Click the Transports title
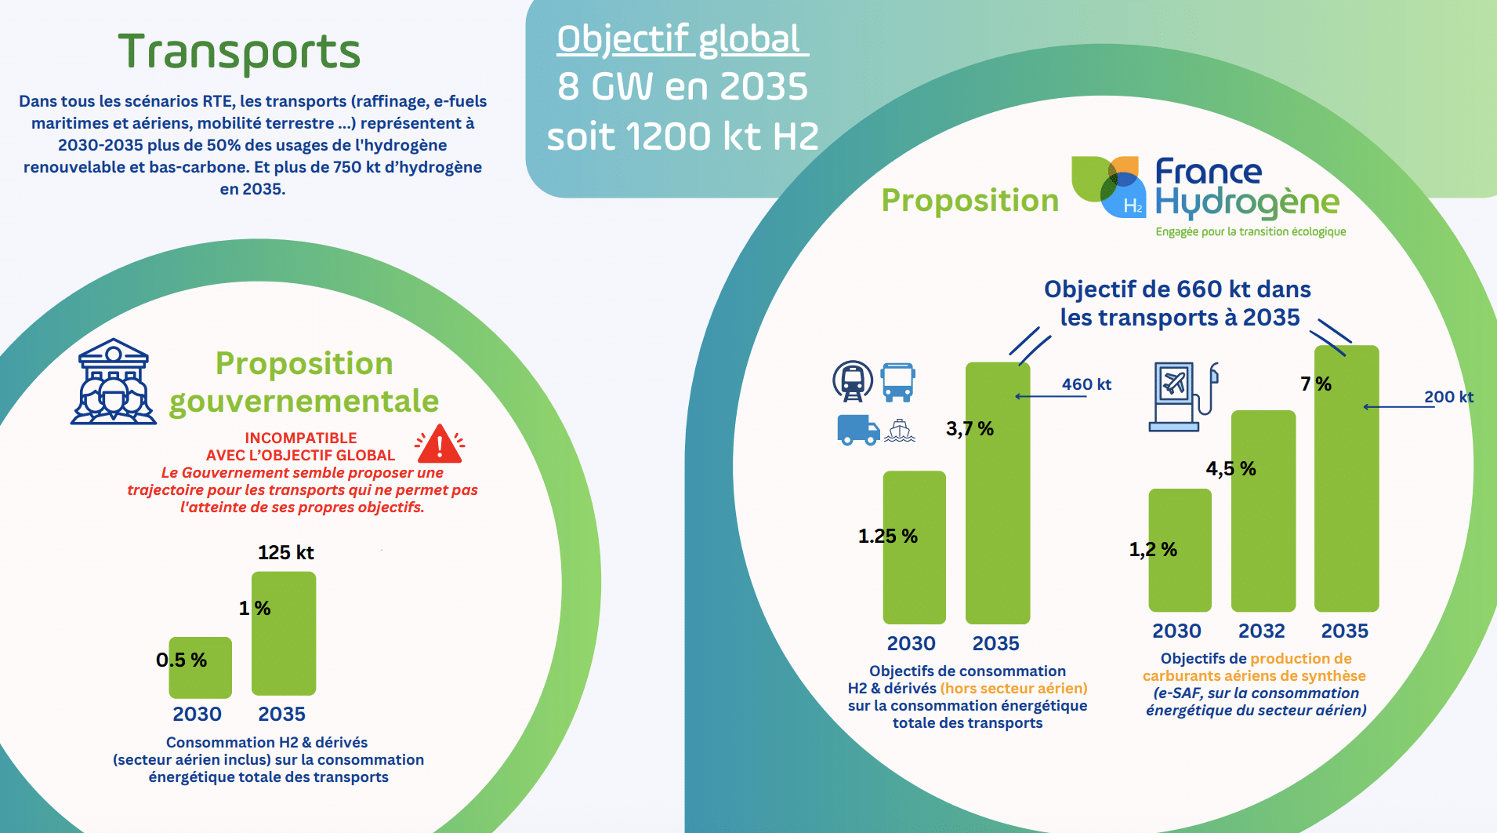239,52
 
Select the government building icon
114,382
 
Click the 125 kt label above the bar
285,553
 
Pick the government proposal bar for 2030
200,667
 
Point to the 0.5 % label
181,660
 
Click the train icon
853,381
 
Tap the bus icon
897,382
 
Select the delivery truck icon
858,430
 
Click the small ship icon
900,431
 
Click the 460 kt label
1086,384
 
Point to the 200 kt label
1448,397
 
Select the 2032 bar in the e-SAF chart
1263,511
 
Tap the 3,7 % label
970,429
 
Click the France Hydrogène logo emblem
1108,187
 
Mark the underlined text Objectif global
680,39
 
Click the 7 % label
1316,384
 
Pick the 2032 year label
1261,631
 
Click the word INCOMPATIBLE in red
301,438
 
